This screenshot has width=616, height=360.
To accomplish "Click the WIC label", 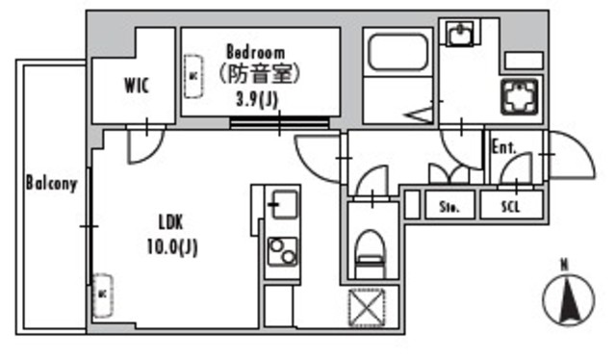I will (135, 85).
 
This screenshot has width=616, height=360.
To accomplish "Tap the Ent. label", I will (503, 148).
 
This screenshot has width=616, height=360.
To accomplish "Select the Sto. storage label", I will (449, 206).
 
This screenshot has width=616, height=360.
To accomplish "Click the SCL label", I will (511, 206).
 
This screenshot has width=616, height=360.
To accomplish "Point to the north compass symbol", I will (567, 299).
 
